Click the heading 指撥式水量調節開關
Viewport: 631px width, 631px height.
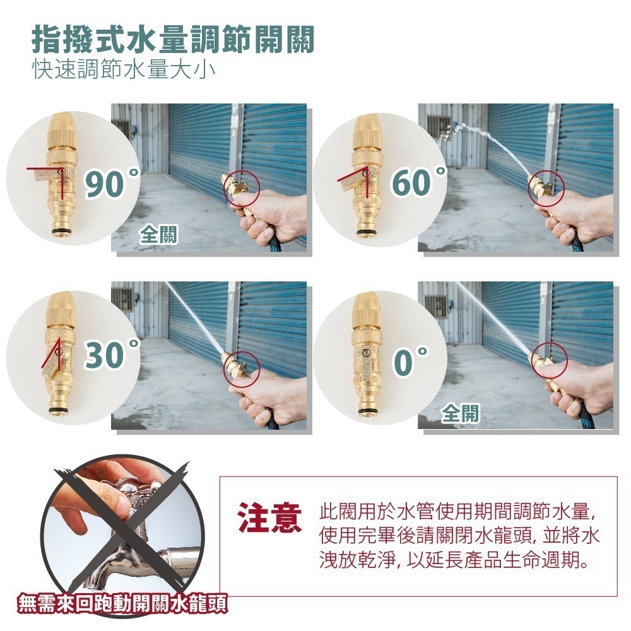click(173, 39)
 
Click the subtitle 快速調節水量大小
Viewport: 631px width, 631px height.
click(124, 69)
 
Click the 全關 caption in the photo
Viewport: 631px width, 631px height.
click(158, 235)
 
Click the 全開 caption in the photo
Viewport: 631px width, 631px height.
click(461, 413)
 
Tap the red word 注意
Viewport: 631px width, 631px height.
click(269, 518)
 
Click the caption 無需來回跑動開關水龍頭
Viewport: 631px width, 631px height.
click(123, 603)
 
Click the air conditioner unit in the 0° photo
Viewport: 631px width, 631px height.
click(436, 305)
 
